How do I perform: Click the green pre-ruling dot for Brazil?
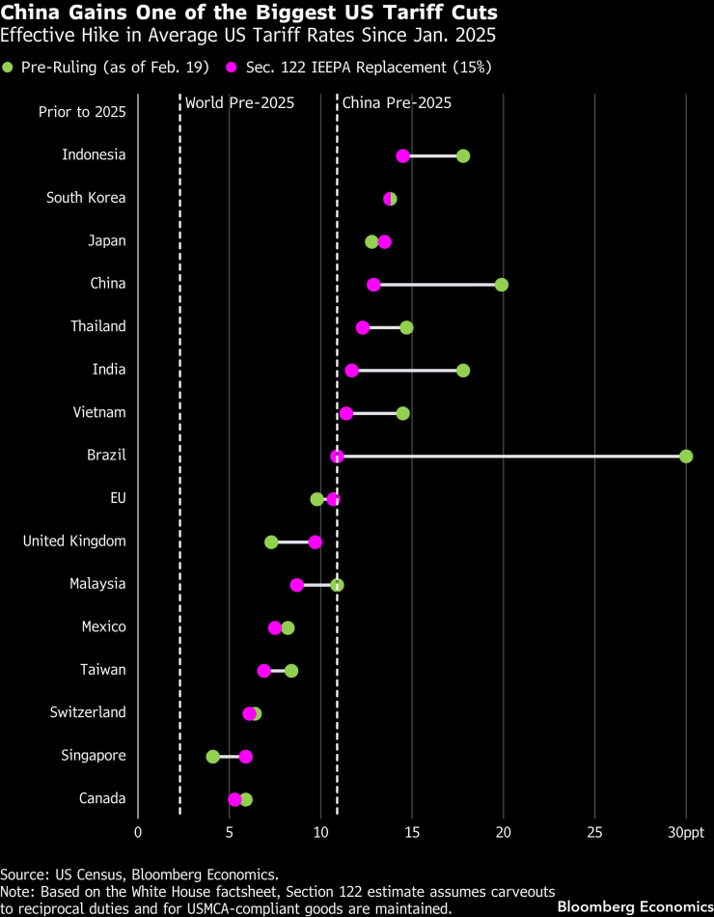[x=686, y=456]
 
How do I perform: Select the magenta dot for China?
[x=373, y=285]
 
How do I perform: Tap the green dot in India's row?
[x=463, y=371]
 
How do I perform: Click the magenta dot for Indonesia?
[x=402, y=156]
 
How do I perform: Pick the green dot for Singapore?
[x=212, y=757]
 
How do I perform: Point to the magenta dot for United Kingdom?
[x=315, y=542]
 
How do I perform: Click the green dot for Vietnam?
[x=402, y=413]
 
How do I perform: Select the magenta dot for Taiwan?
[x=263, y=671]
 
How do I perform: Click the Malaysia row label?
[x=97, y=584]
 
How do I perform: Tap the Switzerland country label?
[x=88, y=712]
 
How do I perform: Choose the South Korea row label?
[x=86, y=198]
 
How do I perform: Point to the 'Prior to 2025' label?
[x=82, y=112]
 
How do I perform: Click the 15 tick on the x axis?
[x=412, y=832]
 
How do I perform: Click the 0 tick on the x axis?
[x=138, y=832]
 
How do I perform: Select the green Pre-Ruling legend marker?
[x=9, y=67]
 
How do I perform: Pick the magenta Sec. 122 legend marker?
[x=233, y=67]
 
